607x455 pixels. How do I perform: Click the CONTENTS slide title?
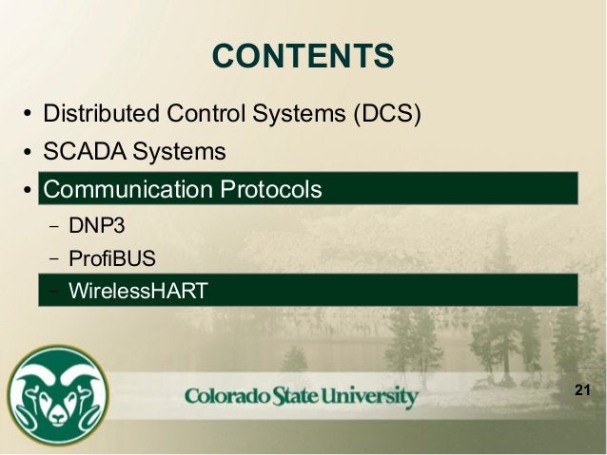point(303,56)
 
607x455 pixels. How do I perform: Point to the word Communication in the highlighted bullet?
point(128,189)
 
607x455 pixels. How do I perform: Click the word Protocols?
point(270,189)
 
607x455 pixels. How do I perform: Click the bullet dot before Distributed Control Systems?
point(29,116)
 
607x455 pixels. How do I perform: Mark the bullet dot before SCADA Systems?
point(29,154)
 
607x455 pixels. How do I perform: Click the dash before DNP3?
point(52,227)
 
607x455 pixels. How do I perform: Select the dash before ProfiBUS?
point(52,259)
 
